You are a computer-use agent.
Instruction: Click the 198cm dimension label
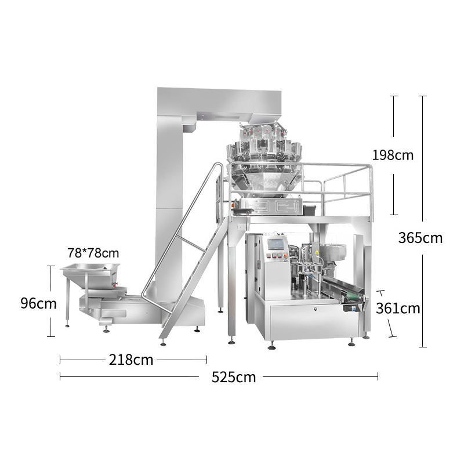[x=393, y=155]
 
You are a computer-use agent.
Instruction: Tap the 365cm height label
[x=420, y=238]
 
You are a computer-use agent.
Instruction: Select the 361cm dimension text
[x=398, y=309]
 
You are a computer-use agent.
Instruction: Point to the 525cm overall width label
[x=234, y=378]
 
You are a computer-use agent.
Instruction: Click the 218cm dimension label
[x=131, y=360]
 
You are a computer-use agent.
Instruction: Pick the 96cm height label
[x=38, y=303]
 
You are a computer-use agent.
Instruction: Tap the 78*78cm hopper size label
[x=93, y=253]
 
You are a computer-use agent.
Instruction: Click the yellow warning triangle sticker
[x=316, y=252]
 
